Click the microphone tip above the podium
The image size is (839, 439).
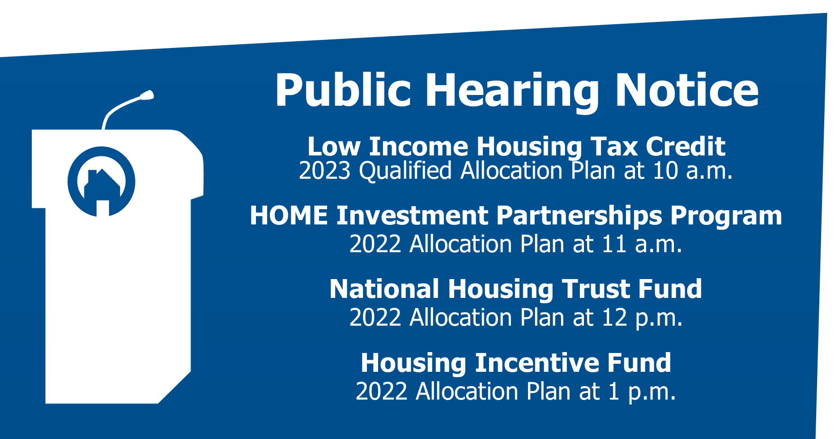(x=147, y=95)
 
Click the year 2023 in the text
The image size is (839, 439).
(x=324, y=171)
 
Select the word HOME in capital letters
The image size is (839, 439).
(x=289, y=216)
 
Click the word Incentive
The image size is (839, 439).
(x=537, y=363)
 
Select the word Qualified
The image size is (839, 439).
(x=405, y=171)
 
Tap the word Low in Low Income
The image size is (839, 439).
(x=334, y=147)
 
